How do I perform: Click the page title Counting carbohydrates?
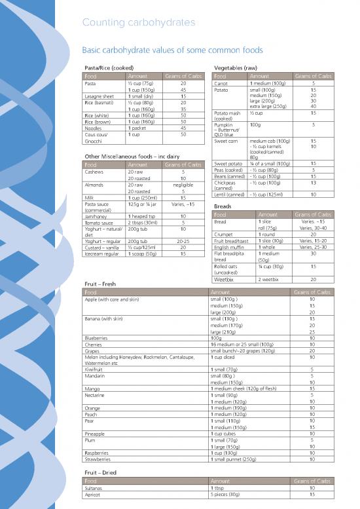pyautogui.click(x=138, y=23)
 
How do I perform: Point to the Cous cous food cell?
pyautogui.click(x=97, y=134)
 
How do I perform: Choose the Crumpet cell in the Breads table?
pyautogui.click(x=225, y=234)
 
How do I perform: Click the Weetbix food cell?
pyautogui.click(x=225, y=278)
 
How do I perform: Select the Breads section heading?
pyautogui.click(x=223, y=206)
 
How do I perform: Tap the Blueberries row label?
pyautogui.click(x=98, y=337)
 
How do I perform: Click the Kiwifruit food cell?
pyautogui.click(x=96, y=369)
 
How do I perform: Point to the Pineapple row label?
pyautogui.click(x=96, y=432)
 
